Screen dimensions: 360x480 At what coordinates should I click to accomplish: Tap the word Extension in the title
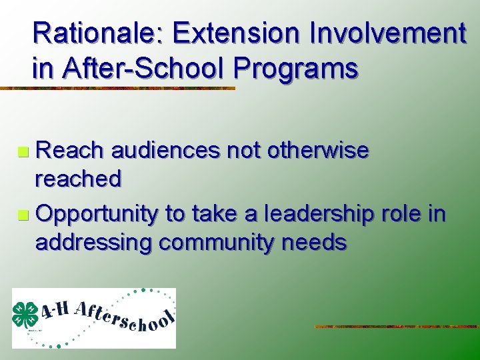(x=226, y=33)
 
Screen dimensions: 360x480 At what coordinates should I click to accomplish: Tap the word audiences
(x=166, y=151)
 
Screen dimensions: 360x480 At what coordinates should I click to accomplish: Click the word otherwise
(x=317, y=151)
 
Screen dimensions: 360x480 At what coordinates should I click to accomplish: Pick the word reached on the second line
(x=78, y=179)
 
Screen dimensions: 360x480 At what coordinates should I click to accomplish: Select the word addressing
(x=93, y=242)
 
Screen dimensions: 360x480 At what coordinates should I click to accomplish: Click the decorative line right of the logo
(x=396, y=327)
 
